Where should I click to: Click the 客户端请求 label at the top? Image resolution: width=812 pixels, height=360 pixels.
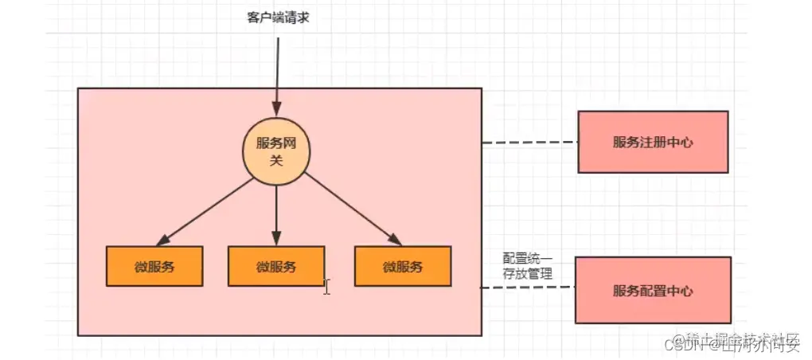[277, 17]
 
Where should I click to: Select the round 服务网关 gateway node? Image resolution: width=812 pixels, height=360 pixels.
[276, 151]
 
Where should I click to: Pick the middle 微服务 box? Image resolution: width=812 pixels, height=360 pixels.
[275, 266]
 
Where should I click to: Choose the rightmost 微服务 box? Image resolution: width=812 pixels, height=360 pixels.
[402, 266]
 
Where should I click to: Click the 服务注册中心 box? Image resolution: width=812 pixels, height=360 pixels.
[652, 142]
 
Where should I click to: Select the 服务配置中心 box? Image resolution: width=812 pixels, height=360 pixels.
[652, 291]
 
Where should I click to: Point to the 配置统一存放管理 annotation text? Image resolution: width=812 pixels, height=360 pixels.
[527, 266]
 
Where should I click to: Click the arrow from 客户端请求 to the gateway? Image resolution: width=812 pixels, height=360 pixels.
[277, 72]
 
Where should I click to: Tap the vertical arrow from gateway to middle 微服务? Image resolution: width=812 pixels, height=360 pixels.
[276, 211]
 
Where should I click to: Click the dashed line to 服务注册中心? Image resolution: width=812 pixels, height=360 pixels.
[529, 143]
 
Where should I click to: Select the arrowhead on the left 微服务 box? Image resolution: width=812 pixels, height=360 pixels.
[162, 240]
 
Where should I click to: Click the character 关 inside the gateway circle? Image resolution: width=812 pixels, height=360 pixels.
[276, 159]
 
